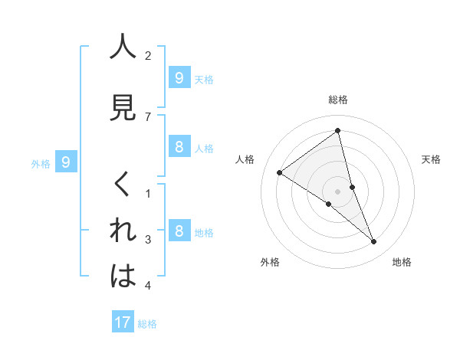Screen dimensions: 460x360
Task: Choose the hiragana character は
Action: coord(123,276)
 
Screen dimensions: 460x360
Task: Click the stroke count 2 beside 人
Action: coord(148,56)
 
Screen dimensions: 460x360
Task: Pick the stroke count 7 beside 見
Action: coord(148,116)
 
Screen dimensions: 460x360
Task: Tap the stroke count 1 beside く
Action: coord(148,194)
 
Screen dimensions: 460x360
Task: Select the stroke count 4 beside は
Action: coord(148,286)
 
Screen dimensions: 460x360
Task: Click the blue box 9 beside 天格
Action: coord(179,77)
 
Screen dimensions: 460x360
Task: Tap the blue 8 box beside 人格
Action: coord(179,148)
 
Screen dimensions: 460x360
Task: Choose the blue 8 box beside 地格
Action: coord(179,231)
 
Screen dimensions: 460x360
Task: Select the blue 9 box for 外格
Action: coord(67,162)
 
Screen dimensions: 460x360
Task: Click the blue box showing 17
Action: coord(123,322)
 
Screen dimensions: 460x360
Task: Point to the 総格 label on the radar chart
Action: coord(338,100)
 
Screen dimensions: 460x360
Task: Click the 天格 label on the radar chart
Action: coord(431,159)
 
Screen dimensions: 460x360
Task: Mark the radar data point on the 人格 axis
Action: coord(280,172)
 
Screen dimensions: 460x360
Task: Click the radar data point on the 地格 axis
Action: coord(373,241)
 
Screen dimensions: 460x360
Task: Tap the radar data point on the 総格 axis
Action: coord(338,131)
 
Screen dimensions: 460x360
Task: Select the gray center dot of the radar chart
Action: coord(338,191)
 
